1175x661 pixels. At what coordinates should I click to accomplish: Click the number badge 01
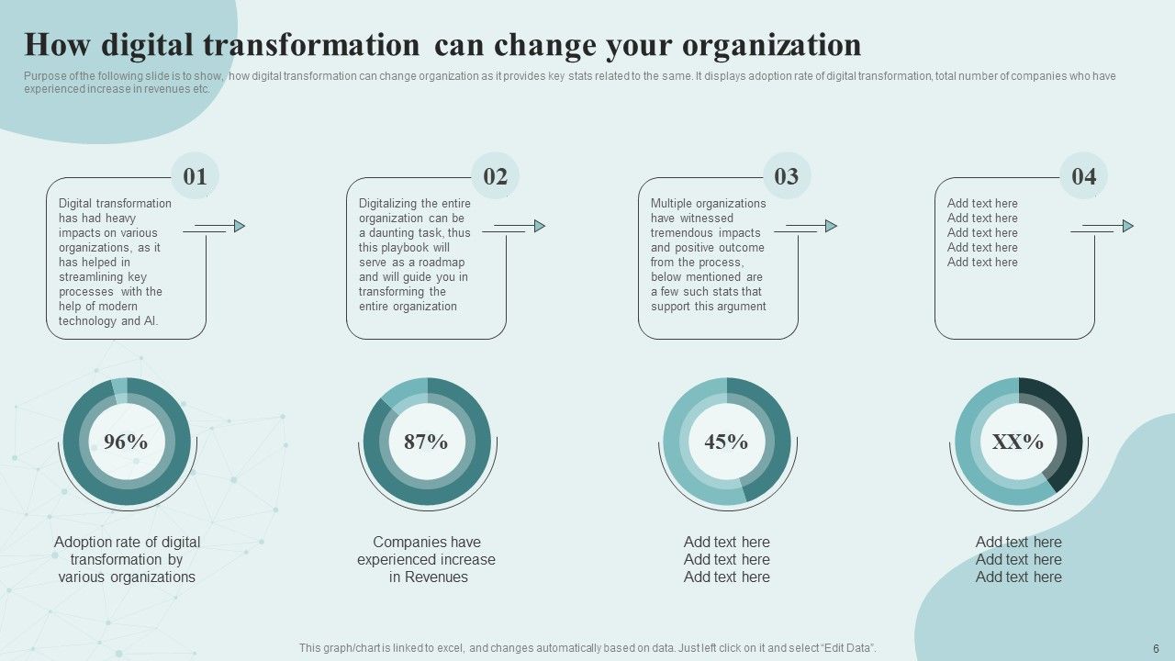click(195, 176)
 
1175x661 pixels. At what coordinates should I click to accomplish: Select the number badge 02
click(495, 176)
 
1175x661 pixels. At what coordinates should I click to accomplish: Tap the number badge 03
click(787, 176)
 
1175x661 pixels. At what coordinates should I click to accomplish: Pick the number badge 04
click(1084, 176)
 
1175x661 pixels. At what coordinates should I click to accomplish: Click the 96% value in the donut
click(126, 442)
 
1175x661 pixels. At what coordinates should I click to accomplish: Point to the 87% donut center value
click(426, 442)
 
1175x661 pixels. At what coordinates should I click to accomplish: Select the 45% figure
click(726, 442)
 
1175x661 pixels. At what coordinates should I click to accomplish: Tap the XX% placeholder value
click(1018, 442)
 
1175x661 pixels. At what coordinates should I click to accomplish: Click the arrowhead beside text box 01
click(240, 226)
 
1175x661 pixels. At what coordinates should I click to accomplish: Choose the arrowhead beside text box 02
click(540, 226)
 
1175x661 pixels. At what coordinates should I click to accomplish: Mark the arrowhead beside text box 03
click(832, 226)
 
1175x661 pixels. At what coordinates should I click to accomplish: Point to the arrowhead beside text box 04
click(1128, 226)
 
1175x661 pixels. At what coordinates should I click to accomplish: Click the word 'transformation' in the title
click(311, 45)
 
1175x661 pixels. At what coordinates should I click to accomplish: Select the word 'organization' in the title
click(772, 46)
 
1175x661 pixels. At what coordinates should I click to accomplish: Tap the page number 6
click(1156, 649)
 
